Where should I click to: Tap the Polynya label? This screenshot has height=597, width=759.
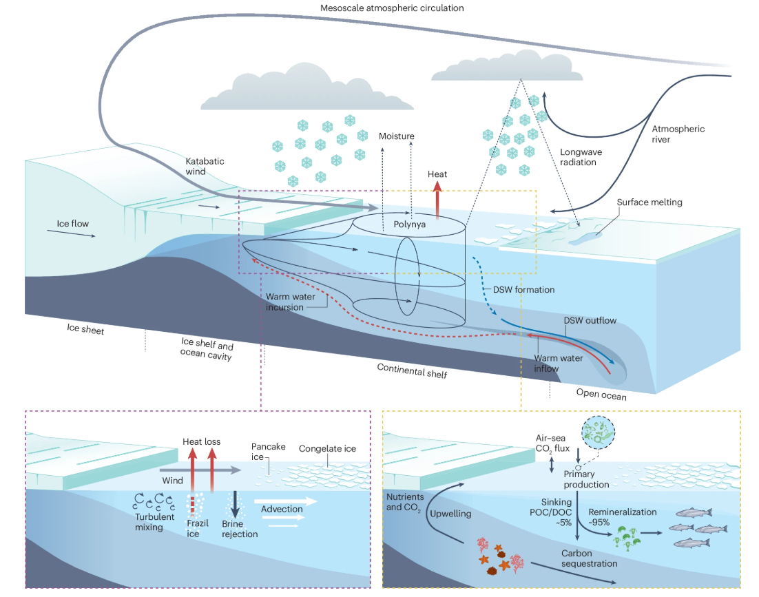tap(410, 224)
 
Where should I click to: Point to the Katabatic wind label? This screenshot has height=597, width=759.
tap(205, 166)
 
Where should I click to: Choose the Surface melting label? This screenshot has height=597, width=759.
tap(649, 202)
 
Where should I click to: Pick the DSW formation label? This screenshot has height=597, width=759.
tap(523, 290)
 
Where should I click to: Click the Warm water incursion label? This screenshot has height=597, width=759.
tap(284, 302)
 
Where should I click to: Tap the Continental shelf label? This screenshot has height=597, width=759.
tap(412, 370)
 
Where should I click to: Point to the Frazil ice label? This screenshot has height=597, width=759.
tap(198, 529)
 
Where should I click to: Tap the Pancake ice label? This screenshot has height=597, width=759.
tap(269, 452)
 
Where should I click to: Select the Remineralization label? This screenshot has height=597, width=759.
tap(623, 512)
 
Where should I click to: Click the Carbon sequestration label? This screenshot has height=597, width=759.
tap(588, 558)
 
